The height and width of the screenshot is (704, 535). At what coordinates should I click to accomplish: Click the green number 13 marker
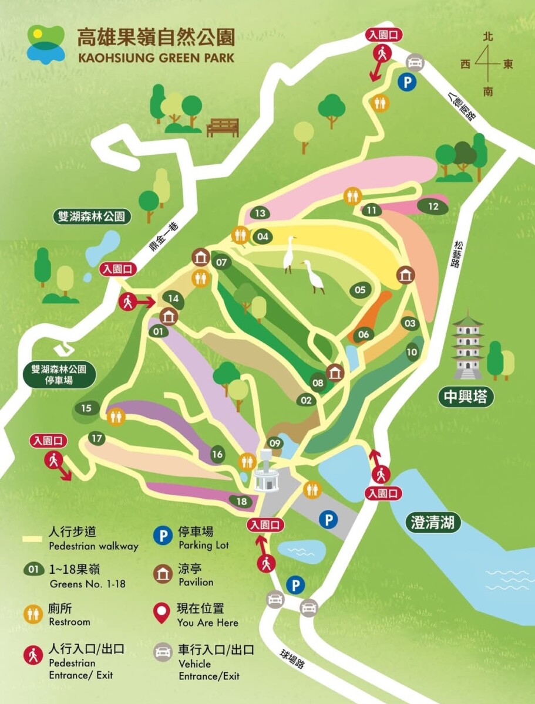260,214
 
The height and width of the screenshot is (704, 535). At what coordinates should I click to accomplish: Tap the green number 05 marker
360,290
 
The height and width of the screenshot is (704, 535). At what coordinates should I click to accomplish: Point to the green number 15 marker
87,409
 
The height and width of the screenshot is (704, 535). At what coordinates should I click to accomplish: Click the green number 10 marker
412,353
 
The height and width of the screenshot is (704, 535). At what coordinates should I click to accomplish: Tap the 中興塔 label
465,397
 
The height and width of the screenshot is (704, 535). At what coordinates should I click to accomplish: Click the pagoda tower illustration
467,347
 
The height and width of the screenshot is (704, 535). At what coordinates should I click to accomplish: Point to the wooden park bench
223,127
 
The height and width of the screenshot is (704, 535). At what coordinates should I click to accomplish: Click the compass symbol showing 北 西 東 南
487,64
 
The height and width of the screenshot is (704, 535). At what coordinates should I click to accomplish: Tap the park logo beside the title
46,44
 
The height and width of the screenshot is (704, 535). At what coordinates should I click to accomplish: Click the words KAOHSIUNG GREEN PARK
156,57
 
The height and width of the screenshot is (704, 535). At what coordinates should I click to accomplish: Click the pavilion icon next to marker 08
335,373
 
